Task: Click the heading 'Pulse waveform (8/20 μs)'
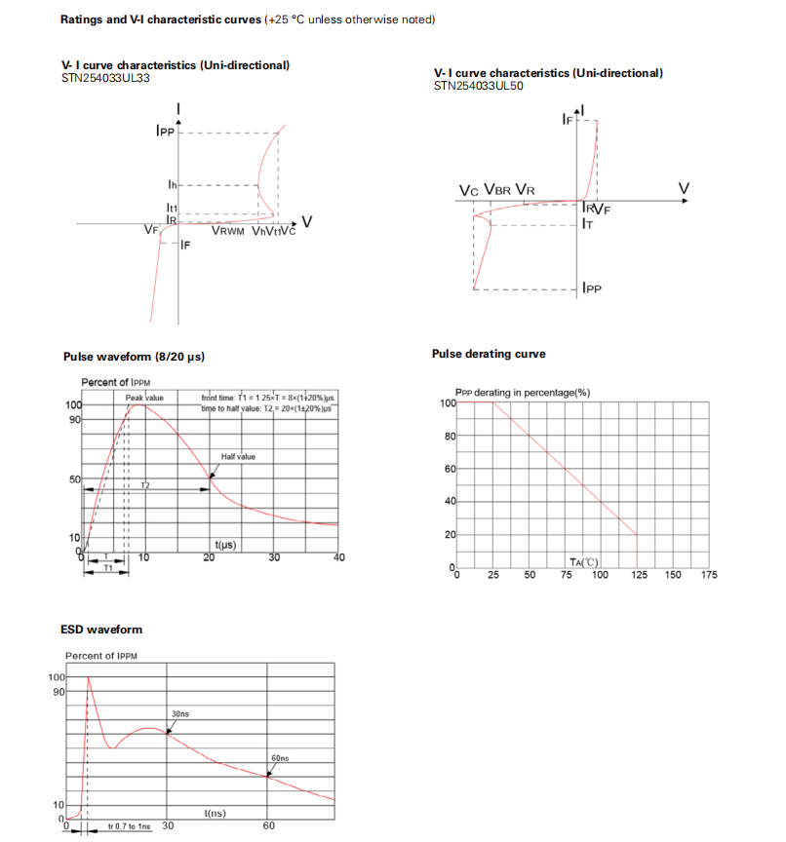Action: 134,357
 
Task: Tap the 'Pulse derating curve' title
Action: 489,354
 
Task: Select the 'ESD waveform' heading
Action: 102,630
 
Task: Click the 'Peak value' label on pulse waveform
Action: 144,399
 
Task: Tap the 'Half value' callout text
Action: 237,456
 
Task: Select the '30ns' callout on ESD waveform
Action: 180,714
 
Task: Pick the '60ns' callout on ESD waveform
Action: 280,757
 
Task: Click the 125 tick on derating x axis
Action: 637,575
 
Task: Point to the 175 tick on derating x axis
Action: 709,575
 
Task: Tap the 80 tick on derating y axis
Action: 451,437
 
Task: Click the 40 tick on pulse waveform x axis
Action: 339,557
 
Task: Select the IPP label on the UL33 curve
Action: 165,131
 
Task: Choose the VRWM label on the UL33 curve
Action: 229,231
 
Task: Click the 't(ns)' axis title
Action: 216,813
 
